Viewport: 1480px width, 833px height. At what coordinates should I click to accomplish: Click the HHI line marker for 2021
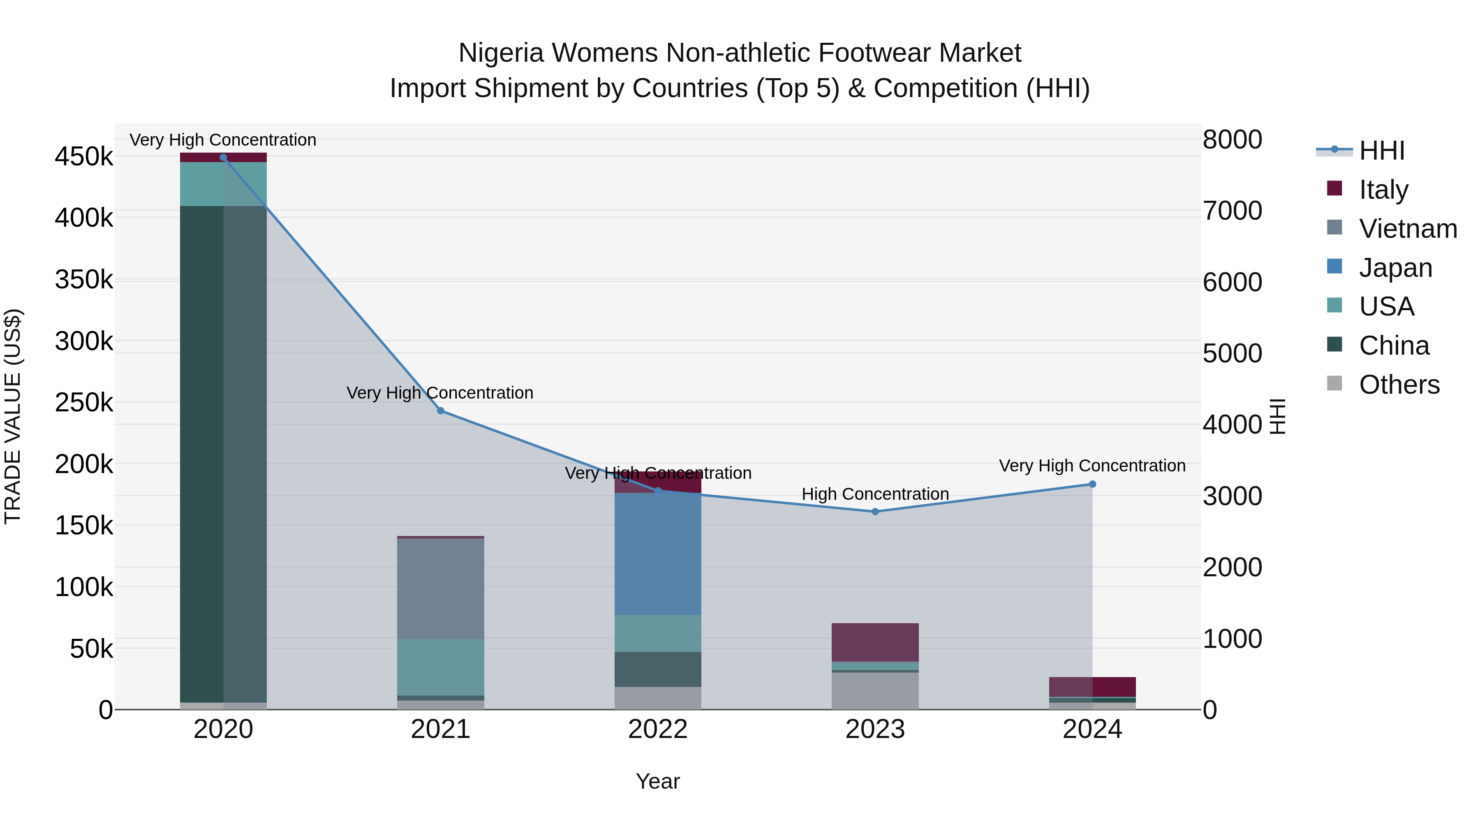coord(441,411)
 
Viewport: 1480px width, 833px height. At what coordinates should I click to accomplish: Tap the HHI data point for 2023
coord(875,511)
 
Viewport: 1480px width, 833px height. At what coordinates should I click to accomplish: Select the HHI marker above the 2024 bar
coord(1092,484)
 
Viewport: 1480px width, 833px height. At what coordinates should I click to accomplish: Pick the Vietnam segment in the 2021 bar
coord(441,588)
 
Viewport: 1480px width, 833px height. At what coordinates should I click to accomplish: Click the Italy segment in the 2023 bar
coord(875,642)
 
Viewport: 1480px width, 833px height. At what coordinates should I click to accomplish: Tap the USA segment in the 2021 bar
coord(441,667)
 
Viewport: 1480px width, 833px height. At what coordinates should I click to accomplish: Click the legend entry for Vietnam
coord(1408,229)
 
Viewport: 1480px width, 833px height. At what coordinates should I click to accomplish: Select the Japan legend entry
coord(1395,268)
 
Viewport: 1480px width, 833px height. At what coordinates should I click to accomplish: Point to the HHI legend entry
coord(1382,151)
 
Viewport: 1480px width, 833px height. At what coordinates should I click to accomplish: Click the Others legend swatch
coord(1334,383)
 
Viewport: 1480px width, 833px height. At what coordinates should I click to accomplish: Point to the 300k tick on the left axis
coord(84,341)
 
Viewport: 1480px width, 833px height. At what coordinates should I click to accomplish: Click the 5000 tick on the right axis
coord(1233,353)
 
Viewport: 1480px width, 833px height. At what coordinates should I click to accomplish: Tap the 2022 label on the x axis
coord(658,729)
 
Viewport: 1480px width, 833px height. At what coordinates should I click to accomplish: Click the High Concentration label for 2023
coord(875,494)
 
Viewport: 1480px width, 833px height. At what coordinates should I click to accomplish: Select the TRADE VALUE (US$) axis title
coord(13,416)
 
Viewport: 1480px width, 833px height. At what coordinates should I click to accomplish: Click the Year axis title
coord(658,781)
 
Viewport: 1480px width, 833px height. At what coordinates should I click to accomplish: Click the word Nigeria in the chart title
coord(501,53)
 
